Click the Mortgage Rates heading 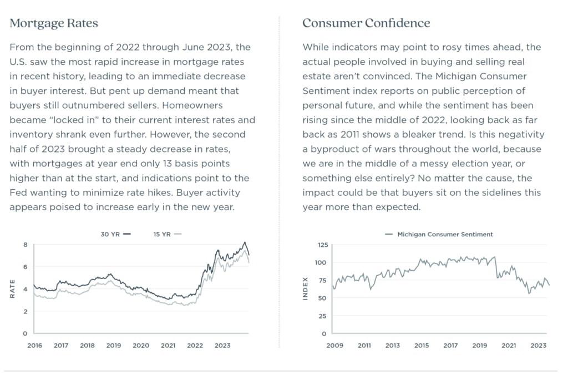pyautogui.click(x=54, y=23)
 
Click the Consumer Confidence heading pyautogui.click(x=366, y=23)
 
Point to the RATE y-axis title pyautogui.click(x=12, y=289)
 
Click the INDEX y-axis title pyautogui.click(x=305, y=289)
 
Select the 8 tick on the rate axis pyautogui.click(x=25, y=245)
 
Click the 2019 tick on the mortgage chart pyautogui.click(x=114, y=346)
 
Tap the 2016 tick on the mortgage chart pyautogui.click(x=34, y=346)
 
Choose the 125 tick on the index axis pyautogui.click(x=323, y=245)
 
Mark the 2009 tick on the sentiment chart pyautogui.click(x=334, y=346)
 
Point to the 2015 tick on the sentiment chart pyautogui.click(x=422, y=346)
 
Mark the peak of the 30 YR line pyautogui.click(x=245, y=242)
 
